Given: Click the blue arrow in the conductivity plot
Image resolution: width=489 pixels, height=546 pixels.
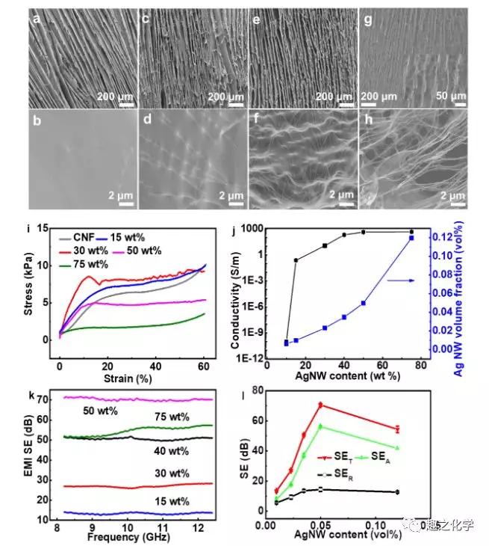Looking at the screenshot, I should pyautogui.click(x=389, y=280).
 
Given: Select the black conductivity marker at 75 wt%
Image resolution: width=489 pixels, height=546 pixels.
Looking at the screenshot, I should pyautogui.click(x=411, y=232).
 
